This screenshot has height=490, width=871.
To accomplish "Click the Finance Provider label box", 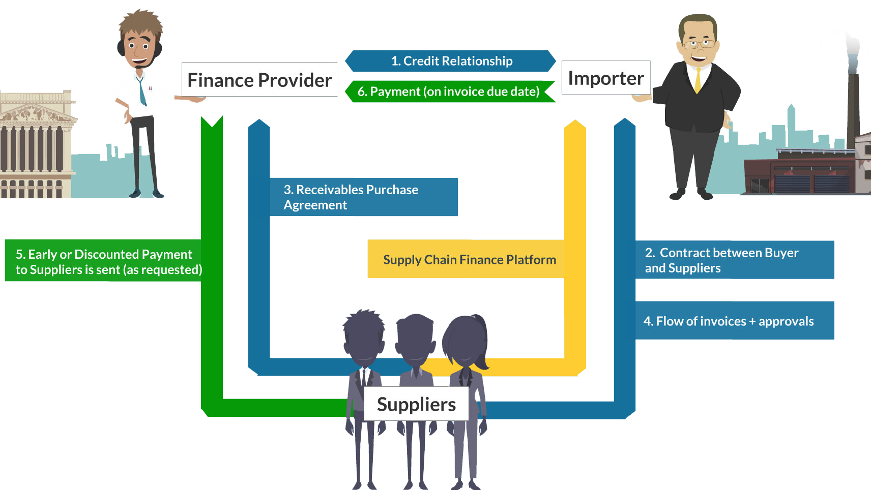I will (259, 80).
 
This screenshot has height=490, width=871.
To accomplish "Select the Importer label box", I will (605, 78).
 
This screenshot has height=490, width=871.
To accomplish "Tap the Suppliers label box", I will (416, 404).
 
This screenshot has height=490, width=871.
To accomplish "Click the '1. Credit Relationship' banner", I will (451, 61).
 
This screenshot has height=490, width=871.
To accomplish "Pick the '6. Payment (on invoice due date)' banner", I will (449, 91).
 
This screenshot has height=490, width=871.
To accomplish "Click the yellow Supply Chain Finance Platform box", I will (469, 259).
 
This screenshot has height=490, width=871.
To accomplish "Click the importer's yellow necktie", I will (698, 80).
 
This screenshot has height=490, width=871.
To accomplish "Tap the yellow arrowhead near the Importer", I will (575, 126).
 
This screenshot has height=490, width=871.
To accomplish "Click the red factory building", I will (799, 173).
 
